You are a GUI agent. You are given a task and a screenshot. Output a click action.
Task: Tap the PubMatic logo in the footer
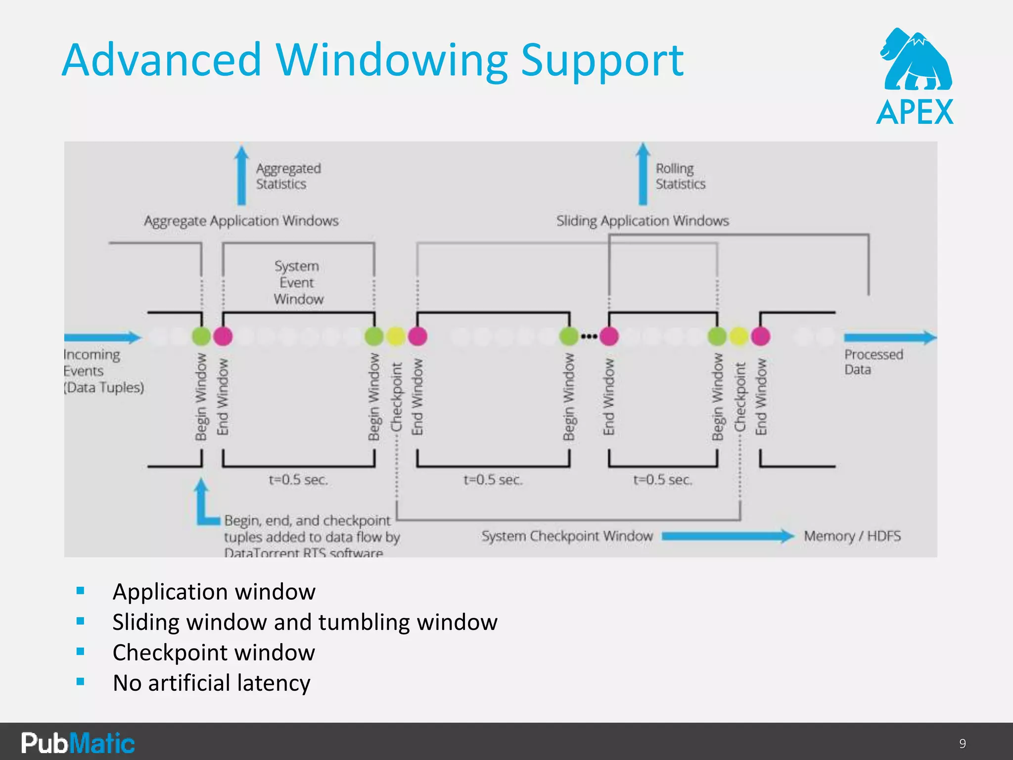78,743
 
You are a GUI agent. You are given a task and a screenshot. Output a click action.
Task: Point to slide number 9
962,743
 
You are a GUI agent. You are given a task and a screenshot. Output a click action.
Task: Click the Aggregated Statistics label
288,176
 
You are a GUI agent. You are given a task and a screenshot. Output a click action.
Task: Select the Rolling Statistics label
680,176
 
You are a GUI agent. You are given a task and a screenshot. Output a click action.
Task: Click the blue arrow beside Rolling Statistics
643,174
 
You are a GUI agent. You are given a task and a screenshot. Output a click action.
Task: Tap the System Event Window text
298,283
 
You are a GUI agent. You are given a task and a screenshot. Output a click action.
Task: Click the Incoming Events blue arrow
103,337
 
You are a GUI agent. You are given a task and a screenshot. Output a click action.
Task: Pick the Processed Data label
873,362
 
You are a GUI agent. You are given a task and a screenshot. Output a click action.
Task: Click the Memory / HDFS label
852,536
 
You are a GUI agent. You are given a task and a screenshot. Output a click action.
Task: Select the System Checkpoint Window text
567,536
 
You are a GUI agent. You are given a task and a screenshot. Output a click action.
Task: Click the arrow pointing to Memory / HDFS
727,536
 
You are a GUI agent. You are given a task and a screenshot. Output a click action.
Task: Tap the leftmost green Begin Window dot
201,336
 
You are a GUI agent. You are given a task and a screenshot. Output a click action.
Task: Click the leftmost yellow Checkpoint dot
396,336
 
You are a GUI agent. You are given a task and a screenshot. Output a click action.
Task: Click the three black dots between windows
589,336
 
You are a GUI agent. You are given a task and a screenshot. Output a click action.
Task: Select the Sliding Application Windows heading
642,221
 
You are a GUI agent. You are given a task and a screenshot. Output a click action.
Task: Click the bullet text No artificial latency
211,683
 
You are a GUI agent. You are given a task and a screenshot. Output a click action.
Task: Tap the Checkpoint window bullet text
213,653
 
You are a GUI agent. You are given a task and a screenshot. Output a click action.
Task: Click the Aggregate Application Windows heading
241,221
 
